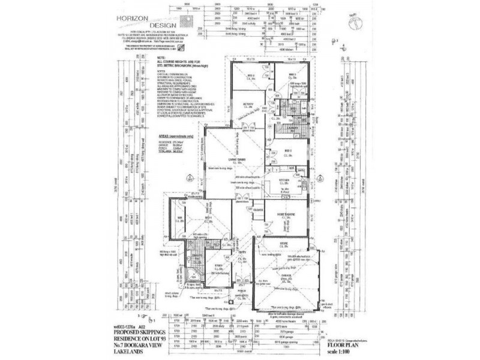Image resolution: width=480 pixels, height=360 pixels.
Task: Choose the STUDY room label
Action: (218, 268)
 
